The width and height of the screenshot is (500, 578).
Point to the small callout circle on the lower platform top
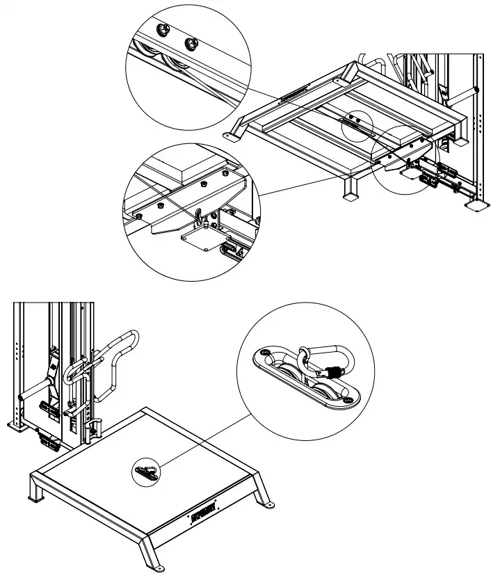[x=146, y=472]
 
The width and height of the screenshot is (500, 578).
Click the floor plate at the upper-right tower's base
[x=478, y=206]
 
